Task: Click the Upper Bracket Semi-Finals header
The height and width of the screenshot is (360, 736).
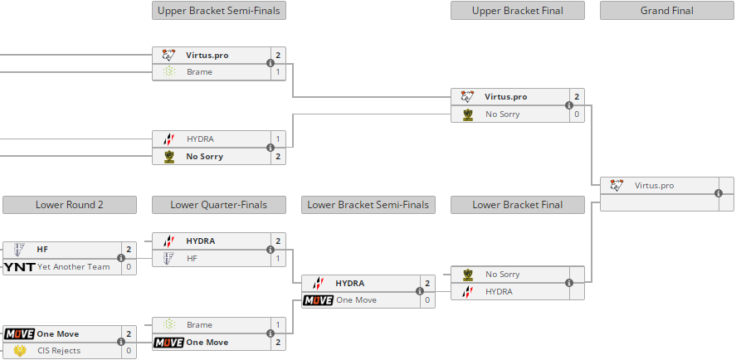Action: click(219, 11)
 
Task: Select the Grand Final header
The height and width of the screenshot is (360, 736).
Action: click(666, 11)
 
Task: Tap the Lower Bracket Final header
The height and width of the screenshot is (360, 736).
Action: click(517, 205)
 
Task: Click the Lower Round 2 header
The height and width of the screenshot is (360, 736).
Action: click(69, 205)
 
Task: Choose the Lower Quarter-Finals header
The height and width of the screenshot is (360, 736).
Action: click(219, 205)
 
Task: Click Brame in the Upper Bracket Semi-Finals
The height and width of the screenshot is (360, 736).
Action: click(199, 72)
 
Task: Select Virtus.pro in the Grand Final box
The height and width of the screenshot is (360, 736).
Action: click(654, 186)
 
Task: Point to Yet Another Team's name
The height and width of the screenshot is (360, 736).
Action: click(73, 267)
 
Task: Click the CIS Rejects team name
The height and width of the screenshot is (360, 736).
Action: click(61, 351)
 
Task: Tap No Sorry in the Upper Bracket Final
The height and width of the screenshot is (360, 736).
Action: click(503, 114)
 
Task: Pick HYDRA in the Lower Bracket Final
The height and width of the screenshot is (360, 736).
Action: click(499, 292)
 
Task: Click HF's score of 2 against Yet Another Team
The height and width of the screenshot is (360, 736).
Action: click(129, 250)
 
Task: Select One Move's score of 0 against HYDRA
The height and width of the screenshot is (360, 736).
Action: click(427, 300)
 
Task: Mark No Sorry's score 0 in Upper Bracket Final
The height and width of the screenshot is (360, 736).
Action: click(577, 114)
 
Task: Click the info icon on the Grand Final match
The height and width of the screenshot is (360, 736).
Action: click(719, 194)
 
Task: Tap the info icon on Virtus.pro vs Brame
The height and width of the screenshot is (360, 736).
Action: click(271, 64)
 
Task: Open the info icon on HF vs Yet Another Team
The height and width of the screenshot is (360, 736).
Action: click(121, 258)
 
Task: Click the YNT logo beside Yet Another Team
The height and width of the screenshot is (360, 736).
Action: click(19, 267)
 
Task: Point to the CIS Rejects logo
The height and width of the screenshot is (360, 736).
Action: click(19, 351)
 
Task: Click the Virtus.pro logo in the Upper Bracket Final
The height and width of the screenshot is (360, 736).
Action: click(468, 97)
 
